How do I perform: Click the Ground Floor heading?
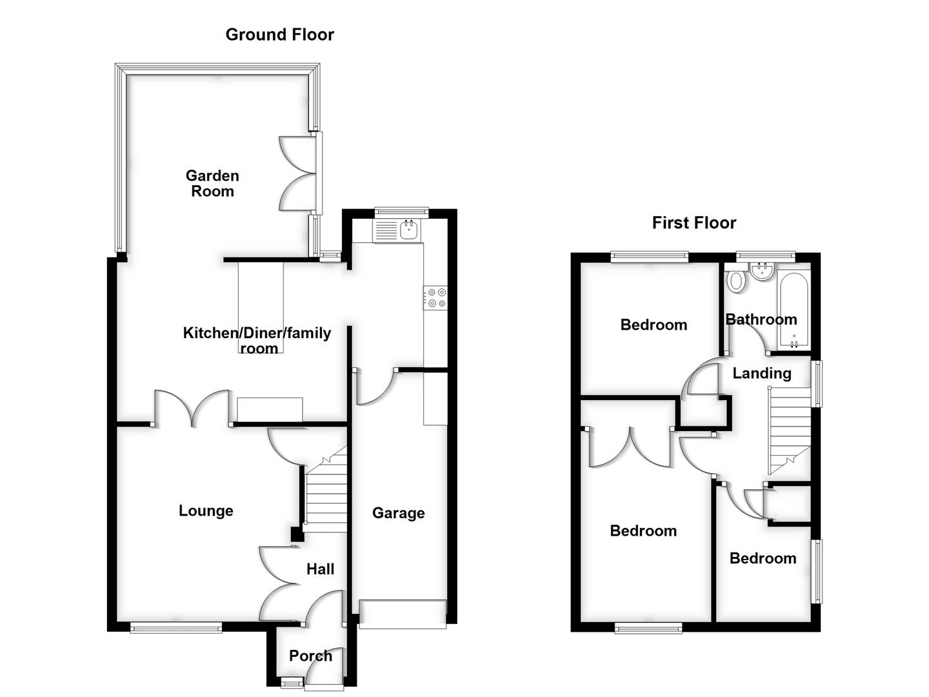pos(279,34)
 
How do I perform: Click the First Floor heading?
pos(694,223)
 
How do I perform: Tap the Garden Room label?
pos(212,183)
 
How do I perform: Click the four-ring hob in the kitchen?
pos(435,298)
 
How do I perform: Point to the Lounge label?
pos(206,510)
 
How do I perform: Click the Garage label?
pos(398,513)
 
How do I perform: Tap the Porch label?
pos(310,656)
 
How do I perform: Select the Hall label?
pos(320,569)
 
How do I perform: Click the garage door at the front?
pos(403,614)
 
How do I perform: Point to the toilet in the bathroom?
pos(735,281)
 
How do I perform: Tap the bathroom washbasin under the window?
pos(763,271)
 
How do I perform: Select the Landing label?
pos(761,373)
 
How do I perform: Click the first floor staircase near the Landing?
pos(788,429)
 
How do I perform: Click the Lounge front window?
pos(176,627)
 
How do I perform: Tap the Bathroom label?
pos(761,319)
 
